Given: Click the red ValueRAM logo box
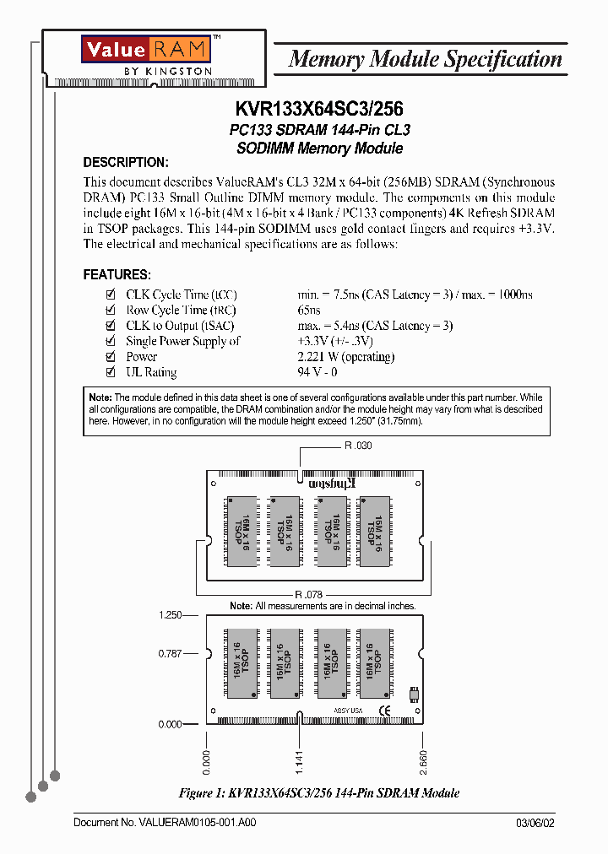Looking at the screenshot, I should [145, 48].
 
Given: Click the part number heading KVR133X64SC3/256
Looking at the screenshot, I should [317, 110].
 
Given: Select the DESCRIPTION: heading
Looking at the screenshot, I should [126, 162].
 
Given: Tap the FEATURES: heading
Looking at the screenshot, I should [117, 275].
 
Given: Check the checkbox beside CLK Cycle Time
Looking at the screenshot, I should [109, 295].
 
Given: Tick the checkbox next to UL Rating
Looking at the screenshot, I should [109, 372].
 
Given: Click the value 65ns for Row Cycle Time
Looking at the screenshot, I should [309, 311].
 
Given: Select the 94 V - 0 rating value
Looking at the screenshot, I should [318, 372].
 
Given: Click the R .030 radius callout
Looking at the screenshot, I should [358, 446].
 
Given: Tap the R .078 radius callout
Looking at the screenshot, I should [309, 595].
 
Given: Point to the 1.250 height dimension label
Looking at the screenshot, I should [171, 616].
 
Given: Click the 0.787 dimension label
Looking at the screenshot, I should [171, 653].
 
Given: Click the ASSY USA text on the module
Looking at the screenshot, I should [348, 711].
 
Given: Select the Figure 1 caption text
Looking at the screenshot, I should [319, 793].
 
